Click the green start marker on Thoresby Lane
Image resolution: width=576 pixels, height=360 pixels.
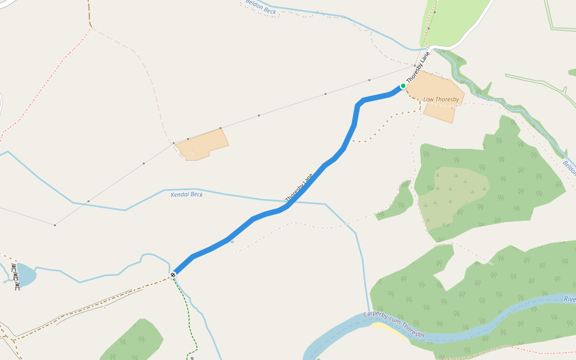403,86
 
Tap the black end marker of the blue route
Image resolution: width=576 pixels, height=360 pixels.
173,275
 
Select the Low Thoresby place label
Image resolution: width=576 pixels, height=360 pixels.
441,99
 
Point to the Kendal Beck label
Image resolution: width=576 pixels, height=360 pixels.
187,194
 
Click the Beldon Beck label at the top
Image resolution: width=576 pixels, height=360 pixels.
261,7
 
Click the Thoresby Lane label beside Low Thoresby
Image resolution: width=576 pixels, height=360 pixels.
418,67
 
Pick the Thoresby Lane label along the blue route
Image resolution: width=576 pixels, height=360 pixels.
299,188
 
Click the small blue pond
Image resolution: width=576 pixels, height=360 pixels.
25,274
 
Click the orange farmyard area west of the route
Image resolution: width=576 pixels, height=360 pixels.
201,144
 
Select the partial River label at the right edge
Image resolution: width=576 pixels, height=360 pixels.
569,299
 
